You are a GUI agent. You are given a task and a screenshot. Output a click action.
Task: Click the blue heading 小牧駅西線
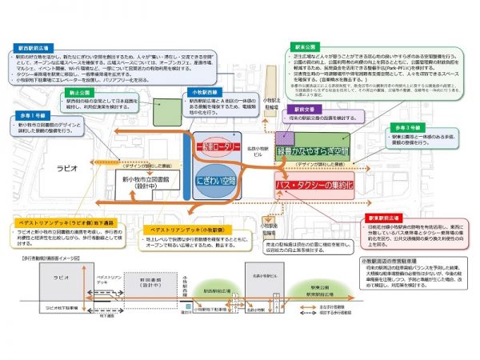206,93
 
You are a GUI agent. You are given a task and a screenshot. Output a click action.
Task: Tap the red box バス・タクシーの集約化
313,184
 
